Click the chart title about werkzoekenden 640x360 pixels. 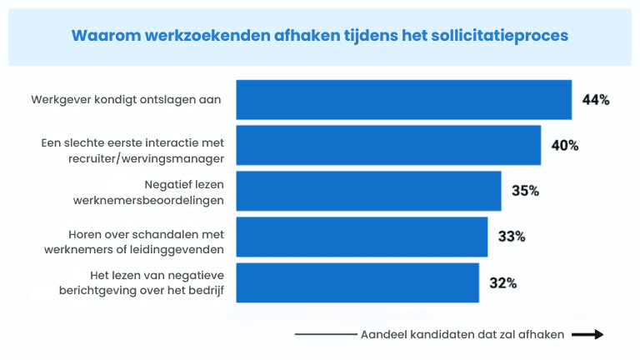coord(320,36)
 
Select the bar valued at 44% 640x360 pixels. coord(403,100)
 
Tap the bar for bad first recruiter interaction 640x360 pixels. coord(388,146)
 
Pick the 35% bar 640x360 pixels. coord(368,191)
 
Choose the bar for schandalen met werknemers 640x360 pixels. coord(362,237)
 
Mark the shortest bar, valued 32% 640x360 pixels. coord(357,282)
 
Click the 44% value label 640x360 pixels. coord(596,100)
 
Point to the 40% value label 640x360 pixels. coord(565,146)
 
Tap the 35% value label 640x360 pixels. coord(525,191)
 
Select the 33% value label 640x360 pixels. coord(512,237)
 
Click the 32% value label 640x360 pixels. coord(503,282)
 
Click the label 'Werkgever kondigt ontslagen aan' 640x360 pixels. coord(126,99)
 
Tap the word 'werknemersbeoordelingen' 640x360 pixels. coord(157,199)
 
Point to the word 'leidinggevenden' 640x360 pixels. coord(185,245)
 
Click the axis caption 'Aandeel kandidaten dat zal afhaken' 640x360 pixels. coord(462,334)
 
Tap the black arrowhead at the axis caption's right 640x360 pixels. coord(597,334)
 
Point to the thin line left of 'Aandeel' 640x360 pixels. coord(325,334)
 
